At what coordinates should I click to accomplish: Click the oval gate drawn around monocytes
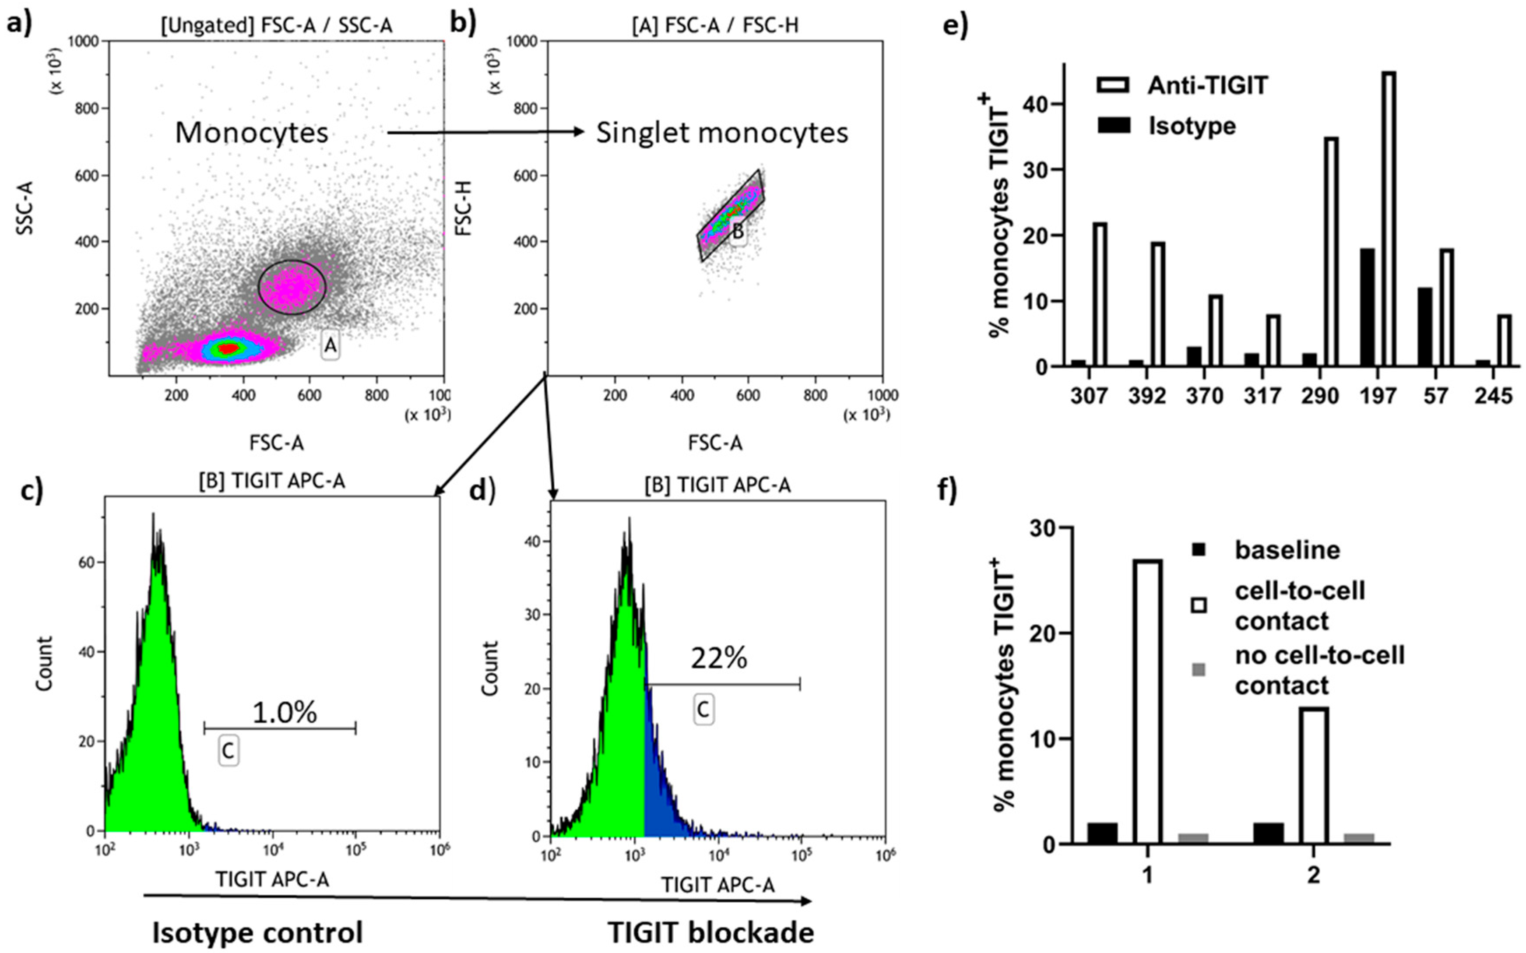pyautogui.click(x=292, y=288)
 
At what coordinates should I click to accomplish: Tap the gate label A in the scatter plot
pyautogui.click(x=331, y=345)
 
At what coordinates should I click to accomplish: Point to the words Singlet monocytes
pyautogui.click(x=722, y=133)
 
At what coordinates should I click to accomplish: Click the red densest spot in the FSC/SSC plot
pyautogui.click(x=228, y=347)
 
